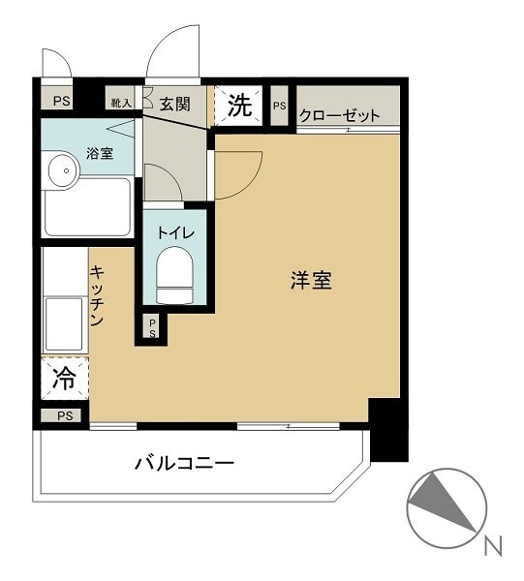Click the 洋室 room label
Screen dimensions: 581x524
[311, 282]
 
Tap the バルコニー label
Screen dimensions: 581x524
[183, 463]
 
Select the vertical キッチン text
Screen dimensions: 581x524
[98, 296]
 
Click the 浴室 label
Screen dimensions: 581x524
[100, 152]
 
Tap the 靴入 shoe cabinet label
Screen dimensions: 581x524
[122, 102]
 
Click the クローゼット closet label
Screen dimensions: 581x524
[339, 115]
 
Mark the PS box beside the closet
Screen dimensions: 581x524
[280, 106]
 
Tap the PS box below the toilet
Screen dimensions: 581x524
[153, 328]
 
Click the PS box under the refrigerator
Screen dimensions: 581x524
[64, 416]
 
